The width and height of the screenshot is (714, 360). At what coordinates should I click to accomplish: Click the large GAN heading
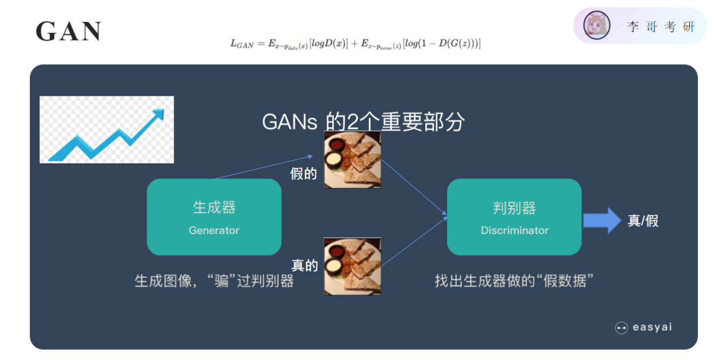pyautogui.click(x=68, y=32)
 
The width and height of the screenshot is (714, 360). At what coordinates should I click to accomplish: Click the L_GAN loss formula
pyautogui.click(x=355, y=43)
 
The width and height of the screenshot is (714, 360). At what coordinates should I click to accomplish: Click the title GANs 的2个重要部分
pyautogui.click(x=363, y=122)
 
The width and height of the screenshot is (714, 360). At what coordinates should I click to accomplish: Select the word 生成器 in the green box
pyautogui.click(x=214, y=208)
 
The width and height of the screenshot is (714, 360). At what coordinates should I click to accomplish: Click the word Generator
pyautogui.click(x=214, y=230)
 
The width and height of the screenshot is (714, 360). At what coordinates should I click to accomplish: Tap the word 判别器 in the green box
pyautogui.click(x=514, y=208)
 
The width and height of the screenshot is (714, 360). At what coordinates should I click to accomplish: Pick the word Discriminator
pyautogui.click(x=514, y=230)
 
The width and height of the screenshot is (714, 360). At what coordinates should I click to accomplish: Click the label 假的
pyautogui.click(x=304, y=174)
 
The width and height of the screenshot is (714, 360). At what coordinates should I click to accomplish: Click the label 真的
pyautogui.click(x=304, y=265)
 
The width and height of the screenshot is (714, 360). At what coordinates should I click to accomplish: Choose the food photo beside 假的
pyautogui.click(x=352, y=160)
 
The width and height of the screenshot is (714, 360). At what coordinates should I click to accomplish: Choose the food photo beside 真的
pyautogui.click(x=352, y=267)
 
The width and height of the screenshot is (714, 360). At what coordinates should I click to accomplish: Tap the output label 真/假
pyautogui.click(x=643, y=221)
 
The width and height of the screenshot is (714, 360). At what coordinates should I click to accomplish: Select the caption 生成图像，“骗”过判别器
pyautogui.click(x=214, y=281)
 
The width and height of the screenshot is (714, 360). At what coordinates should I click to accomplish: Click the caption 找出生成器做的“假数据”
pyautogui.click(x=513, y=281)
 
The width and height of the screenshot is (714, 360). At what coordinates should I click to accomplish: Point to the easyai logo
pyautogui.click(x=643, y=328)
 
